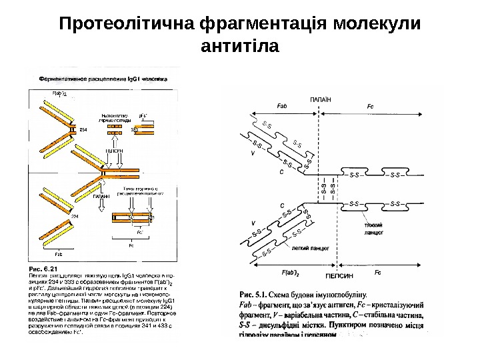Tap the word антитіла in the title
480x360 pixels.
pos(240,48)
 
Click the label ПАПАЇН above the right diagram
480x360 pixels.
pos(321,99)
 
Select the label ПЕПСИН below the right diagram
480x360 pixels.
pos(339,273)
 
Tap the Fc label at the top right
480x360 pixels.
pos(371,106)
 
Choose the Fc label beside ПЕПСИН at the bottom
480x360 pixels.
pos(378,273)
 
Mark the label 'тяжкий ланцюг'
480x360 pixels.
pos(373,231)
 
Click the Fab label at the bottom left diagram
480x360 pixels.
pos(58,254)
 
